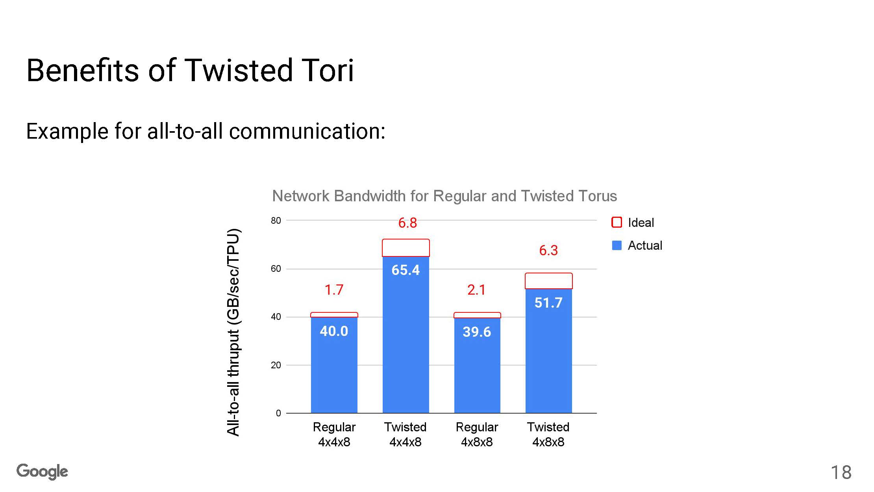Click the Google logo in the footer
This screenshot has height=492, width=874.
tap(42, 472)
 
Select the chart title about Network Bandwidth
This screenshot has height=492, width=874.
tap(444, 196)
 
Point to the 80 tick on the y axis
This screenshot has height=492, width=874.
tap(276, 221)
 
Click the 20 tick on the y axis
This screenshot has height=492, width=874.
tap(276, 365)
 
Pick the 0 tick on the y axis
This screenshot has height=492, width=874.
tap(278, 413)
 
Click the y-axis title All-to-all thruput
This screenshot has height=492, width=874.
tap(233, 332)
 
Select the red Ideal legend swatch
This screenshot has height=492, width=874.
tap(617, 223)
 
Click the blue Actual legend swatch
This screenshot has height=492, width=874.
tap(617, 245)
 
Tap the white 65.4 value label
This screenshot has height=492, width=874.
tap(406, 270)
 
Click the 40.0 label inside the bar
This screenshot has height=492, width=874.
tap(334, 331)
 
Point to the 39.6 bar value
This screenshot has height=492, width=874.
tap(477, 332)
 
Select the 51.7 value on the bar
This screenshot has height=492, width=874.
tap(548, 303)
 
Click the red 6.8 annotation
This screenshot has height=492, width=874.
tap(407, 223)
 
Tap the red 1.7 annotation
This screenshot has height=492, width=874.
tap(334, 290)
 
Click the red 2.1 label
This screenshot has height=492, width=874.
tap(476, 290)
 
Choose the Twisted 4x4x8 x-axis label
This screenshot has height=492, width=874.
tap(406, 434)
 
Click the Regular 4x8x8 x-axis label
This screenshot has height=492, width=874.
tap(477, 434)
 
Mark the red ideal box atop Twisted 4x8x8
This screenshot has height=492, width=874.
tap(549, 273)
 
